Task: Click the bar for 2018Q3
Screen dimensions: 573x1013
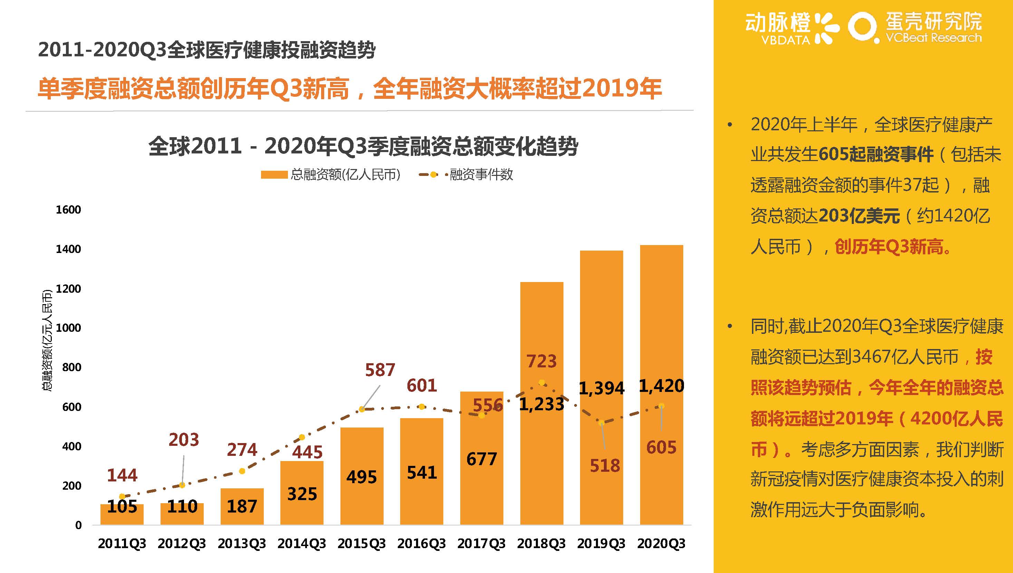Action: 541,453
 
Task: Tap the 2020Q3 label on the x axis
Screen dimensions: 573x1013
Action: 661,544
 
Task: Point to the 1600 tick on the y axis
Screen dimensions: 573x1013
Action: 68,210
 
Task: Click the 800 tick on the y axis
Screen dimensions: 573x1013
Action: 71,367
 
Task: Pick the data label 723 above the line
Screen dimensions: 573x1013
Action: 541,361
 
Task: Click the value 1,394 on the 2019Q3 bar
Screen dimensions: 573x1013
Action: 601,388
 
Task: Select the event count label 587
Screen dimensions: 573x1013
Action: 380,370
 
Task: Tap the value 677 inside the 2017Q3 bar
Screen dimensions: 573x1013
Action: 481,459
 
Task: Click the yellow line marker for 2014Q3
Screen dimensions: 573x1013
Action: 302,437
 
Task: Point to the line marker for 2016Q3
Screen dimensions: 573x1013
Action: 422,406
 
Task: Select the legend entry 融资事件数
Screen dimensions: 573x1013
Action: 481,174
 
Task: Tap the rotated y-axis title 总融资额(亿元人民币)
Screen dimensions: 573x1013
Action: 47,340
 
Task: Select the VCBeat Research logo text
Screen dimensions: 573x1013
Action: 933,38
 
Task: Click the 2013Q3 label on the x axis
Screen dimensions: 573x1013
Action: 242,544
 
